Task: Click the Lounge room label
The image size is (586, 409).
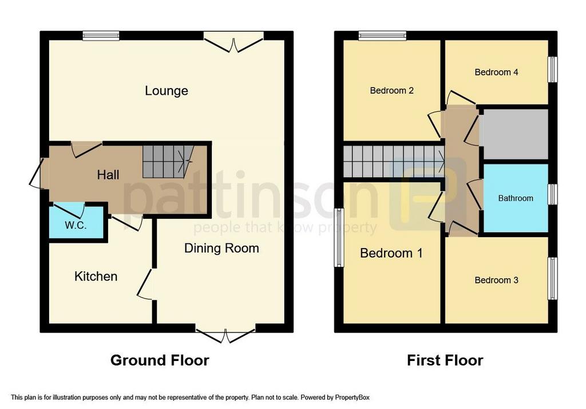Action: pyautogui.click(x=166, y=91)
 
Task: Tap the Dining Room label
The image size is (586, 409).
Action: pyautogui.click(x=221, y=248)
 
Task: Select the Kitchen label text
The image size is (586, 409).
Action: pyautogui.click(x=96, y=276)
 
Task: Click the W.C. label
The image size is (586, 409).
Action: pyautogui.click(x=76, y=225)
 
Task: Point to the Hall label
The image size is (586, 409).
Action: pyautogui.click(x=108, y=174)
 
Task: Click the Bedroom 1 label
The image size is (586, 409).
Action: pyautogui.click(x=391, y=253)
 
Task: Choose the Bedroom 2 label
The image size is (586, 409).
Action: pyautogui.click(x=391, y=90)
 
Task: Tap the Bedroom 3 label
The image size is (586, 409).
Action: pyautogui.click(x=496, y=280)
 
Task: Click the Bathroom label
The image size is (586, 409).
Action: pyautogui.click(x=515, y=198)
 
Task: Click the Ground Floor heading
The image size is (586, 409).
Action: pyautogui.click(x=160, y=360)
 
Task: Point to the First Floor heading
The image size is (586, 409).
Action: pyautogui.click(x=445, y=360)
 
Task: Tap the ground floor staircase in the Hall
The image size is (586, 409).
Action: pyautogui.click(x=167, y=161)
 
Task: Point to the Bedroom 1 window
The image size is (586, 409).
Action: pyautogui.click(x=339, y=238)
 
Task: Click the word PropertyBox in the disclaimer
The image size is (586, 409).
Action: pyautogui.click(x=354, y=397)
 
